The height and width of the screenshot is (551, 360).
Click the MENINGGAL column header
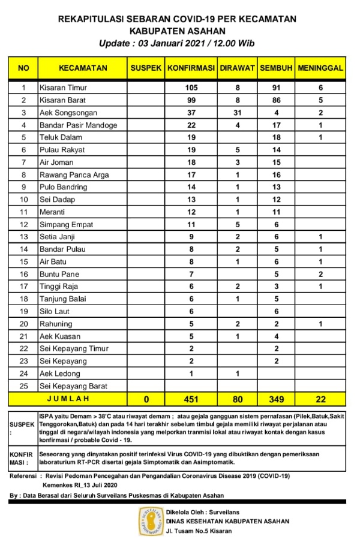pos(320,68)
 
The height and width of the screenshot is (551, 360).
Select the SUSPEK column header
pos(146,68)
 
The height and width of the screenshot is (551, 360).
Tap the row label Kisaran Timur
pos(62,88)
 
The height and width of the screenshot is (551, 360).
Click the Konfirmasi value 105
pos(191,88)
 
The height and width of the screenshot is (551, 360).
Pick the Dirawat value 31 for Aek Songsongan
pos(238,113)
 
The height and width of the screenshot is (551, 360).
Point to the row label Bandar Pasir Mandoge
pos(77,125)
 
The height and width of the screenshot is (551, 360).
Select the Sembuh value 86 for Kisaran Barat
pos(276,100)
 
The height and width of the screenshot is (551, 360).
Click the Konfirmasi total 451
pos(191,398)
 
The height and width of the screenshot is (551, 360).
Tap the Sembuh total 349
pos(276,398)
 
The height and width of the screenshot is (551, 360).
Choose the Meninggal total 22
pos(320,398)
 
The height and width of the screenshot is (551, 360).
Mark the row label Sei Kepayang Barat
pos(73,386)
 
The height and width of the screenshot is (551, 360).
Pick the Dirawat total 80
pos(238,398)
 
